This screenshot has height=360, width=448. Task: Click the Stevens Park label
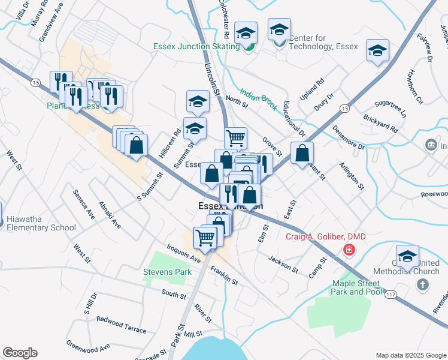[167, 272]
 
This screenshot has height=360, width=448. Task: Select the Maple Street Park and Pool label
[356, 287]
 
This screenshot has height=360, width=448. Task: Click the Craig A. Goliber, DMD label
[325, 236]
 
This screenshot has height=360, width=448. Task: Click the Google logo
[20, 353]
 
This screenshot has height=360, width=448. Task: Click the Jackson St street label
[283, 265]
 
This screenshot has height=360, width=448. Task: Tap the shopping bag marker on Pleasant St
[302, 154]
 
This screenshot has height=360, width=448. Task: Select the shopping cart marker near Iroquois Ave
[205, 238]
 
